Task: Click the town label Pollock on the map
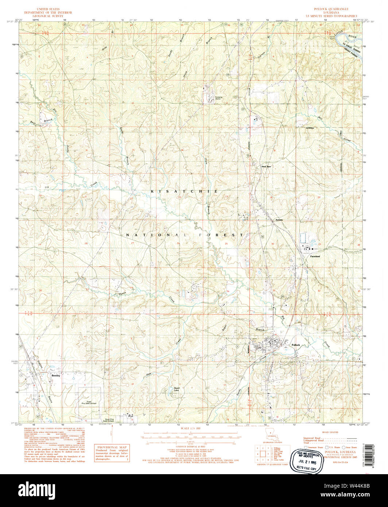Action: point(295,345)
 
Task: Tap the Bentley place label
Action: point(55,375)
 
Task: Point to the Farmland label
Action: point(315,256)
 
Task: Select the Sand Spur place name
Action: point(266,166)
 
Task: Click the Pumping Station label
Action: point(218,98)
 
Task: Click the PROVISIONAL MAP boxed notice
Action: point(112,453)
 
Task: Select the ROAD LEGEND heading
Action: point(330,432)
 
